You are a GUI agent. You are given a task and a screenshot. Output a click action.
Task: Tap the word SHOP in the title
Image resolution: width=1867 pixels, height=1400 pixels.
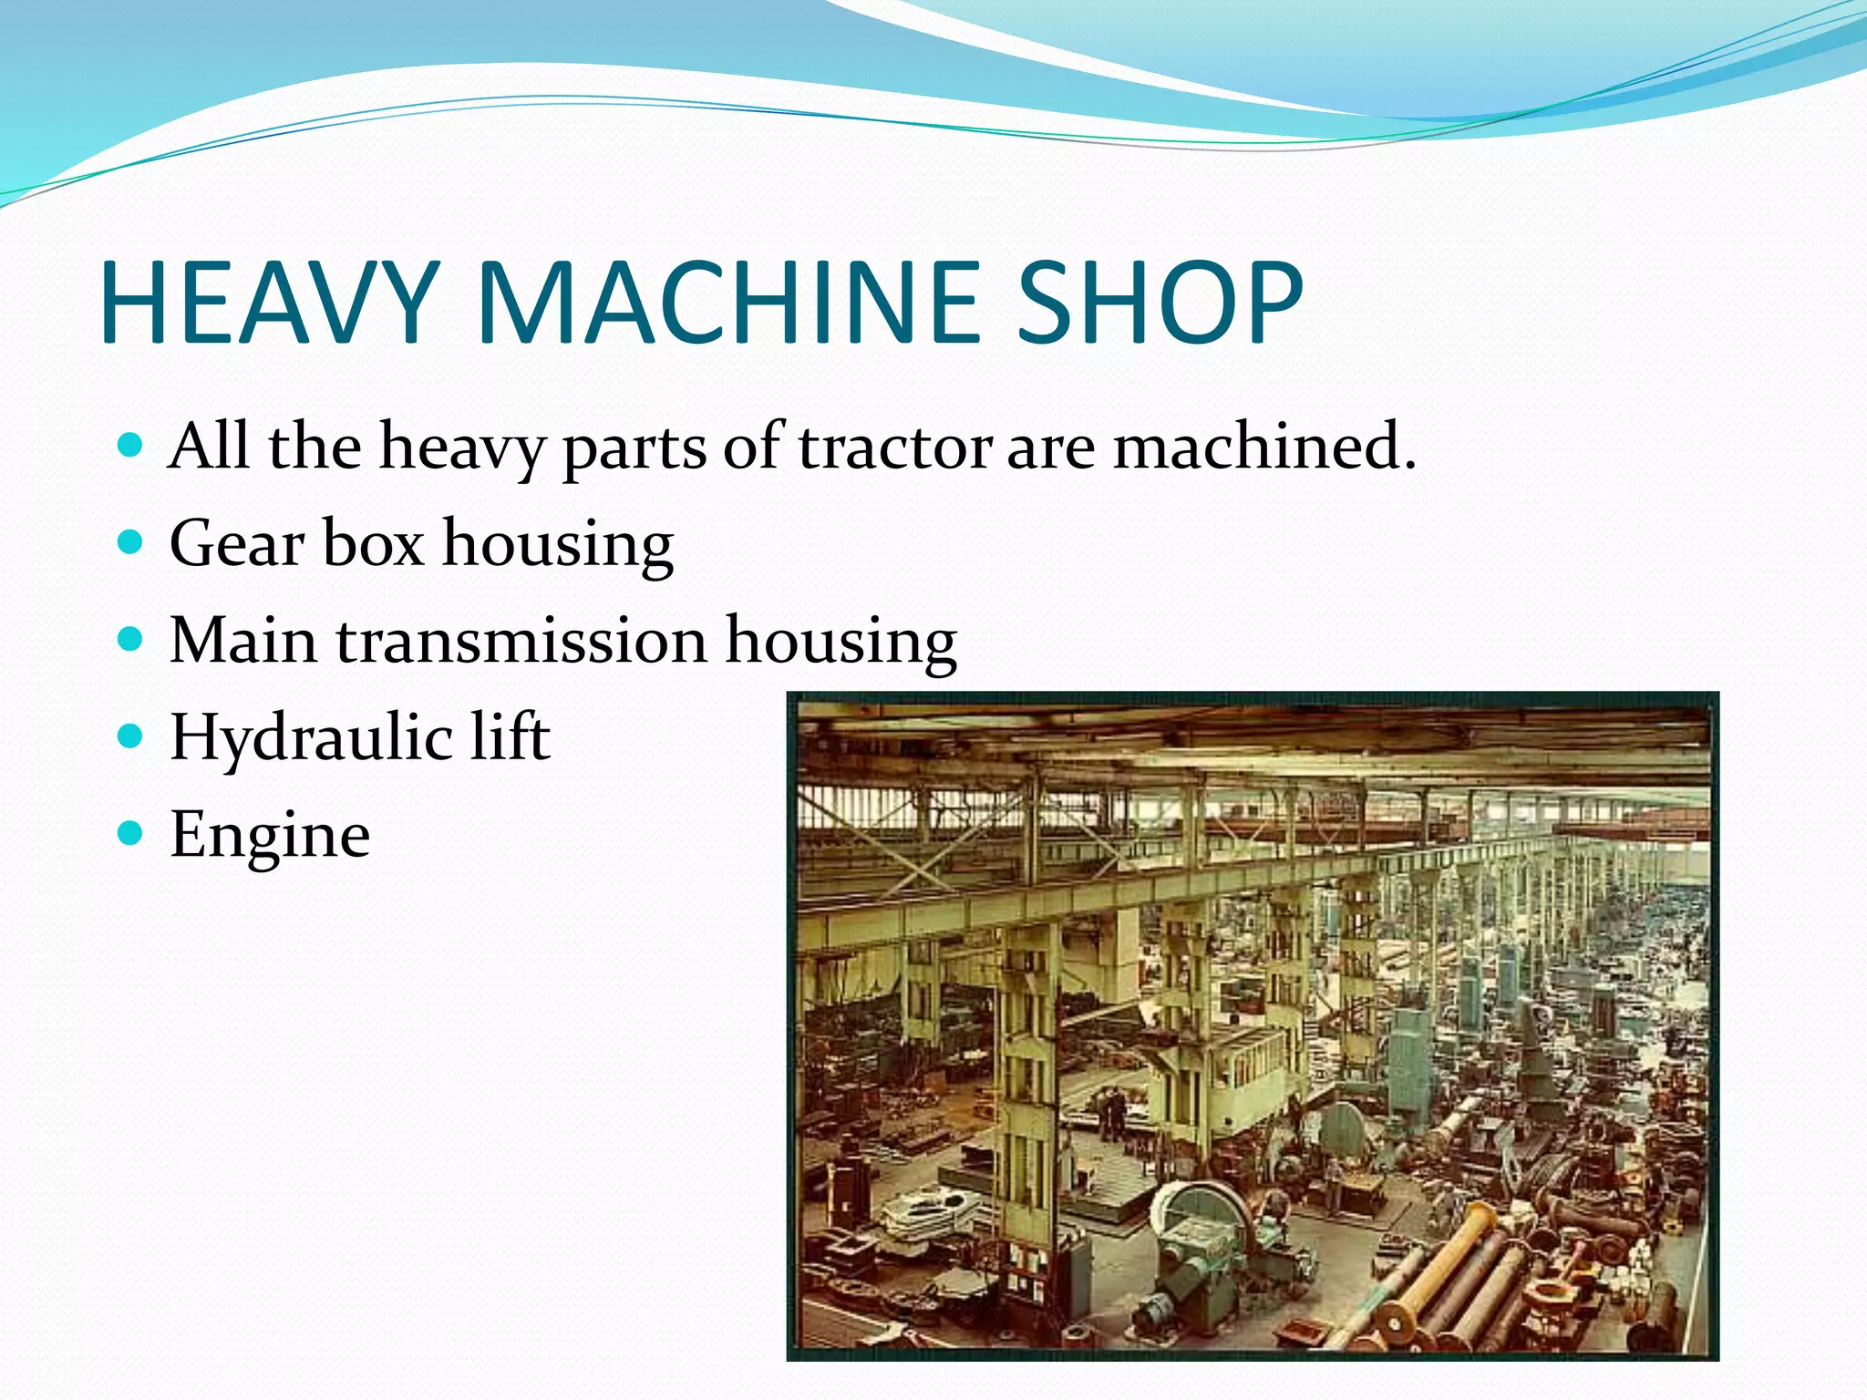click(1159, 303)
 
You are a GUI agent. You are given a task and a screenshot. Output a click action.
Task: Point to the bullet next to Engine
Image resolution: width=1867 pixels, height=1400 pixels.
click(132, 833)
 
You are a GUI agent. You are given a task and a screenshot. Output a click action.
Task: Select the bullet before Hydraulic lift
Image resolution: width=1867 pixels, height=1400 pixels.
click(132, 736)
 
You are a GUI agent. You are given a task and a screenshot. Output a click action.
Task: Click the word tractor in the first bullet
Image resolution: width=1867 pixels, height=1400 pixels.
click(895, 447)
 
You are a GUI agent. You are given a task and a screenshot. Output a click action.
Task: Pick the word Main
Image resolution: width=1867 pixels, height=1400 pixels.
click(243, 640)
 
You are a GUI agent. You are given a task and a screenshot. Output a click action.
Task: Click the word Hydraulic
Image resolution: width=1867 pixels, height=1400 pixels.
click(311, 737)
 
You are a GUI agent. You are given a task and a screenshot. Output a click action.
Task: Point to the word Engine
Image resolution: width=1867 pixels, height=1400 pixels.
click(270, 835)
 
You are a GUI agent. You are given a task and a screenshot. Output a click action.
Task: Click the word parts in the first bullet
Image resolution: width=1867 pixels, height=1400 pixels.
click(634, 448)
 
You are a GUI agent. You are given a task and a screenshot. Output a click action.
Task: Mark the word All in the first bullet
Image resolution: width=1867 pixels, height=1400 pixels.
click(209, 447)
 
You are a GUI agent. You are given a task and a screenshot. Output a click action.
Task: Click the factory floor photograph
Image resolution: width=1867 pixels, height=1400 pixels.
click(1253, 1025)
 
